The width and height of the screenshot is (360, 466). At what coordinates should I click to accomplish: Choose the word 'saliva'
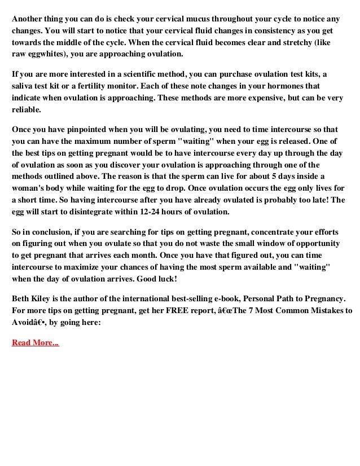point(24,86)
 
